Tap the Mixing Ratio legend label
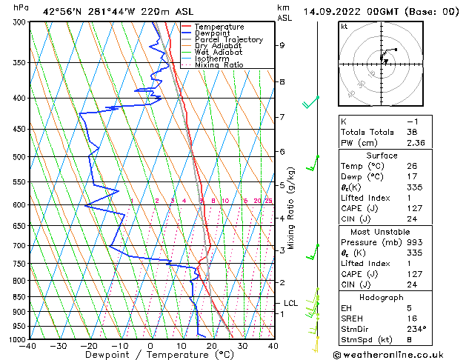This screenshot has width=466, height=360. [x=219, y=65]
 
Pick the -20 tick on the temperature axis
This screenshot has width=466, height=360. [x=89, y=345]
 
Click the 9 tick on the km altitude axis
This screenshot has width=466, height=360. [x=282, y=45]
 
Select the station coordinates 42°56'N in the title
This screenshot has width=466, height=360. [x=59, y=12]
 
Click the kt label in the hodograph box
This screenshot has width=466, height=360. [x=344, y=27]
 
